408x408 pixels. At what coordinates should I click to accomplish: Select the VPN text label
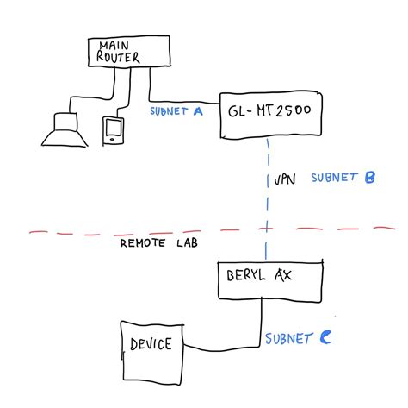tap(284, 181)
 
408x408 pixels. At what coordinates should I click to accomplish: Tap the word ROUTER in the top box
tap(121, 59)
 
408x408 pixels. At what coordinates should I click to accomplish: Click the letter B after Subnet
tap(369, 178)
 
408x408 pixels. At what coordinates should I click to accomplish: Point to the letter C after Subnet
tap(325, 339)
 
